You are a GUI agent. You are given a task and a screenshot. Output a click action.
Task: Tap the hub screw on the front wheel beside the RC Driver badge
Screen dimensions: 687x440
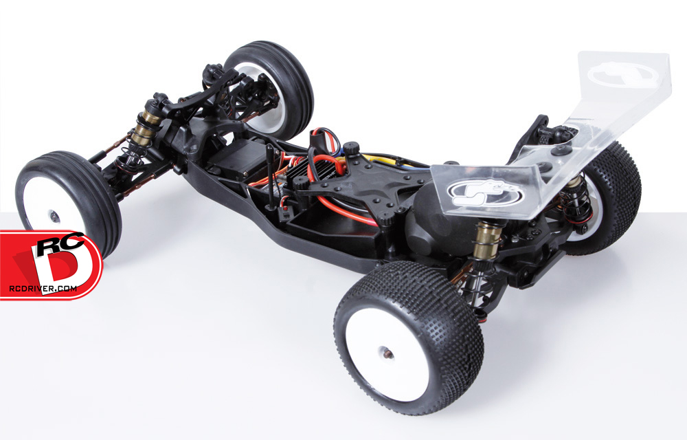tap(54, 217)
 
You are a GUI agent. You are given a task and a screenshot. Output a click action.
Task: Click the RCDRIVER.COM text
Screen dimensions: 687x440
tap(43, 288)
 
